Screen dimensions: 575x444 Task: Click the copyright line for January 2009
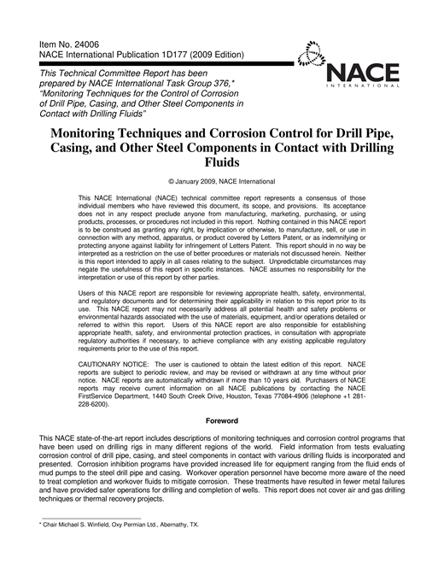(x=222, y=182)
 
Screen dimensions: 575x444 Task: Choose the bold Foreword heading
(x=221, y=421)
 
